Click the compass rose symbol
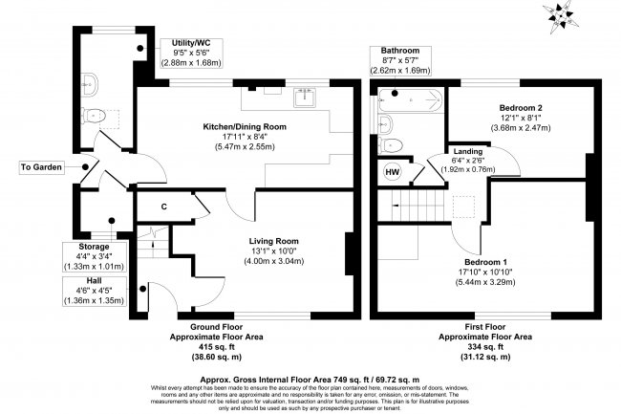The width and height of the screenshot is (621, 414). pos(561,16)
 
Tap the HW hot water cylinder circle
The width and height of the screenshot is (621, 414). pos(392,172)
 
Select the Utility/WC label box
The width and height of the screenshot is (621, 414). pos(191,54)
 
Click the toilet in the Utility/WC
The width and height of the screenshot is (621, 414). pos(94,116)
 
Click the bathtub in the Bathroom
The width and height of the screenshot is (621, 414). pos(410,99)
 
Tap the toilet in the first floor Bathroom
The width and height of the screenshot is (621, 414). pos(390,145)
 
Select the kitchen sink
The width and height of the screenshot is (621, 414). pos(305,98)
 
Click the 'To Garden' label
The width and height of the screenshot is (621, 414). pos(41,167)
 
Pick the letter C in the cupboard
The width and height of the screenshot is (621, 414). pos(164,207)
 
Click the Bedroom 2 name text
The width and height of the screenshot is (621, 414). pos(521,108)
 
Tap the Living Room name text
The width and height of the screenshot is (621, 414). pos(273,241)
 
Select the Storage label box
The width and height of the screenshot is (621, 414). pos(95,257)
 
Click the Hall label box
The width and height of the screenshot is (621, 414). pos(95,292)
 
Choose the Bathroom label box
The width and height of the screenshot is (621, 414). pos(400,60)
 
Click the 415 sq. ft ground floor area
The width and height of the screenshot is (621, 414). pos(216,347)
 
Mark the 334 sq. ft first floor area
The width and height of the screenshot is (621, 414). pos(484,347)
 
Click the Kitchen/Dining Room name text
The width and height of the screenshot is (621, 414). pos(245,127)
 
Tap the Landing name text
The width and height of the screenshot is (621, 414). pos(468,151)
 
